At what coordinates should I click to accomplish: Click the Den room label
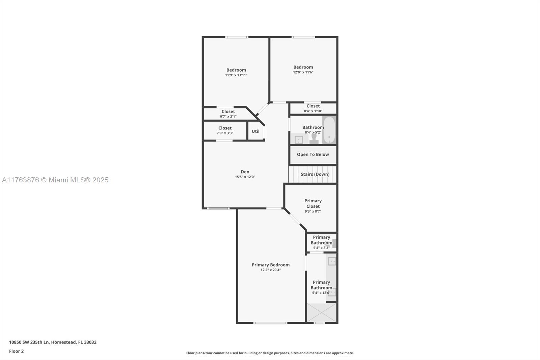(x=245, y=172)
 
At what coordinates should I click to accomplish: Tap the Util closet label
(x=255, y=131)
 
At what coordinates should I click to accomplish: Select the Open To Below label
(x=313, y=154)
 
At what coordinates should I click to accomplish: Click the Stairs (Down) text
(x=315, y=174)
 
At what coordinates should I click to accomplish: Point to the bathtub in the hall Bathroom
(x=329, y=130)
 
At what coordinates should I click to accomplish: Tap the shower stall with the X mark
(x=321, y=312)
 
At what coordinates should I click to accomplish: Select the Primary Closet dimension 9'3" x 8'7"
(x=313, y=211)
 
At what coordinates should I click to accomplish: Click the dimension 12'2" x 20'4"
(x=270, y=270)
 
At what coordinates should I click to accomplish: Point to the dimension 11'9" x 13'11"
(x=236, y=75)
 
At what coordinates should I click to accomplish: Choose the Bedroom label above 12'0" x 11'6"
(x=303, y=67)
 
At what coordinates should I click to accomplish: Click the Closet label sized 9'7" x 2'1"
(x=228, y=111)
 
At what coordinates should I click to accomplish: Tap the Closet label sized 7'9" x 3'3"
(x=225, y=128)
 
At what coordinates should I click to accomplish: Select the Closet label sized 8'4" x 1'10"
(x=313, y=106)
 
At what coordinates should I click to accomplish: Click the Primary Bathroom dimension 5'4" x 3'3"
(x=321, y=248)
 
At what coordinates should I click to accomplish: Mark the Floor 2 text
(x=16, y=351)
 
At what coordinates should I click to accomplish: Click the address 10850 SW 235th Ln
(x=53, y=342)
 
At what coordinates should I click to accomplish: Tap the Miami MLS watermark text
(x=55, y=180)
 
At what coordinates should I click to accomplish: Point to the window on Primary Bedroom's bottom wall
(x=270, y=323)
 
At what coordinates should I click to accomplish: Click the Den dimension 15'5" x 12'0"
(x=245, y=177)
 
